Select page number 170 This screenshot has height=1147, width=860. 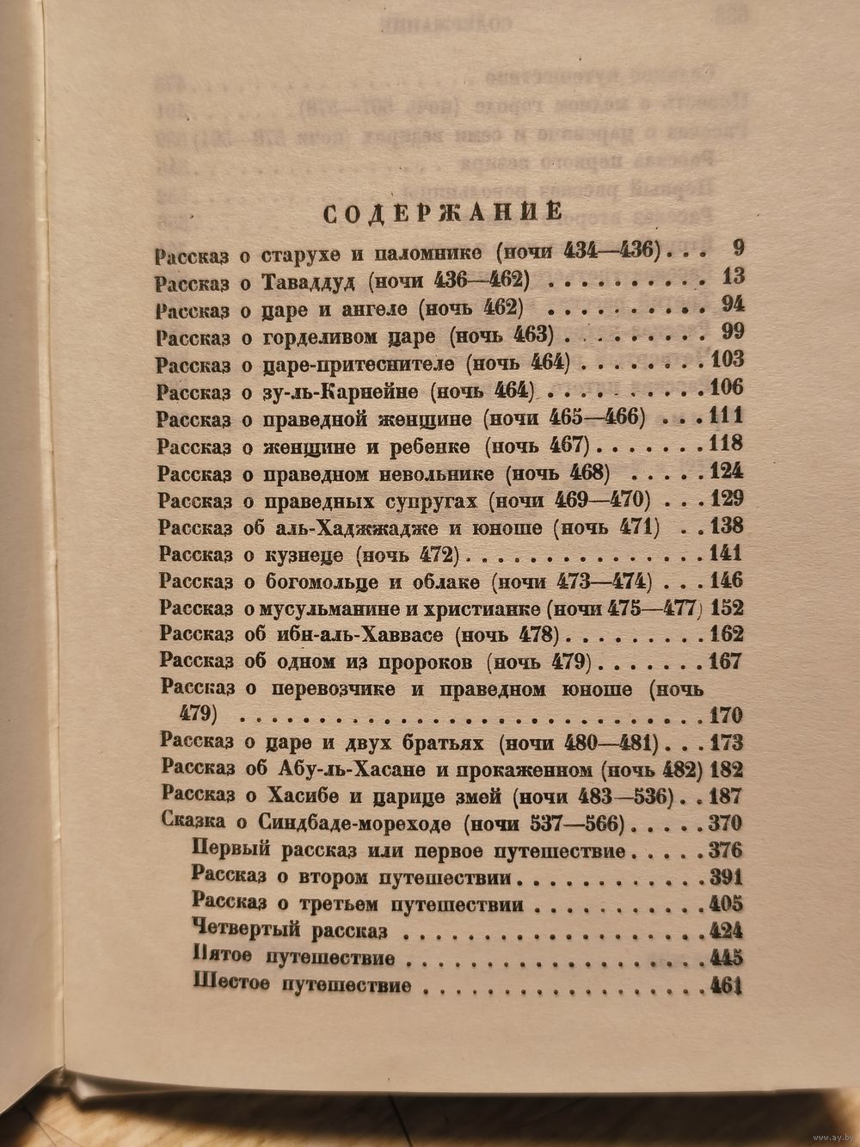coord(725,716)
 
